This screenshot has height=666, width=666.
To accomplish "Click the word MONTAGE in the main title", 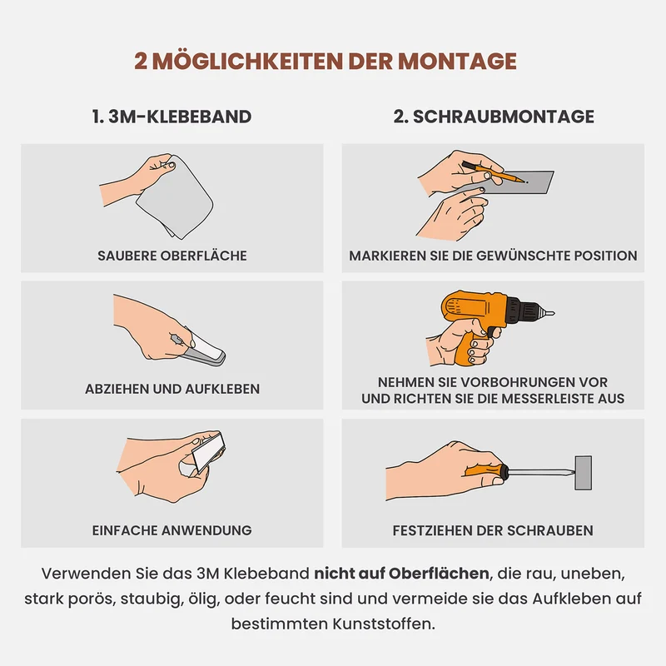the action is [x=457, y=61].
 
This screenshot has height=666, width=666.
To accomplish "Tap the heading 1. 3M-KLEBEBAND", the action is [x=172, y=117].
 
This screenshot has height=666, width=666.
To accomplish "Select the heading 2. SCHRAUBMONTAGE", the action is [x=494, y=117].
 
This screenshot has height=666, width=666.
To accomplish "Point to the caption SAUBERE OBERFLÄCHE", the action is [x=172, y=256].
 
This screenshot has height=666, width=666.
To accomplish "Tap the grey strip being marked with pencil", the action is [x=509, y=182].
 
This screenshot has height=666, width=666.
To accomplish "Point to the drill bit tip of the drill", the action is [x=553, y=314].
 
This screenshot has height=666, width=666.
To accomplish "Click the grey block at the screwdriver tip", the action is [x=584, y=473].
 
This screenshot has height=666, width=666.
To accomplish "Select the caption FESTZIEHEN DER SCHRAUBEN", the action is [x=493, y=530].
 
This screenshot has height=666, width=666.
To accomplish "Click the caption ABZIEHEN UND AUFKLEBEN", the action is [x=172, y=389].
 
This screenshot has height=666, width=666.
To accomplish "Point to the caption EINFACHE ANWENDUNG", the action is [x=172, y=530].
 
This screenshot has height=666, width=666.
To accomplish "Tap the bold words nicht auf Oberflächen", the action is [x=401, y=574].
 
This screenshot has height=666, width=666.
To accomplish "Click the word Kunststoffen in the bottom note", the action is [x=384, y=624].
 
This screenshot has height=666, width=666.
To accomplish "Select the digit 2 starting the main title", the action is [x=141, y=61].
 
